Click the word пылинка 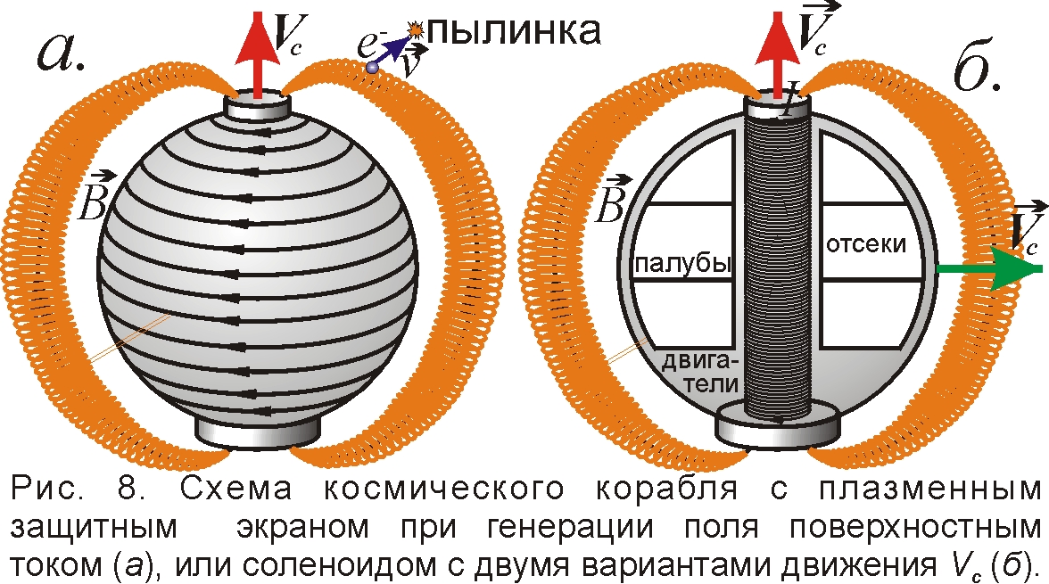(514, 30)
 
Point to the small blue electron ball (372, 67)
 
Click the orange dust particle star (416, 29)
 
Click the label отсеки (866, 243)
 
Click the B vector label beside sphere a (92, 196)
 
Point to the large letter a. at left (62, 51)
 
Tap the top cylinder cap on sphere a (257, 106)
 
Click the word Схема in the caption (236, 489)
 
